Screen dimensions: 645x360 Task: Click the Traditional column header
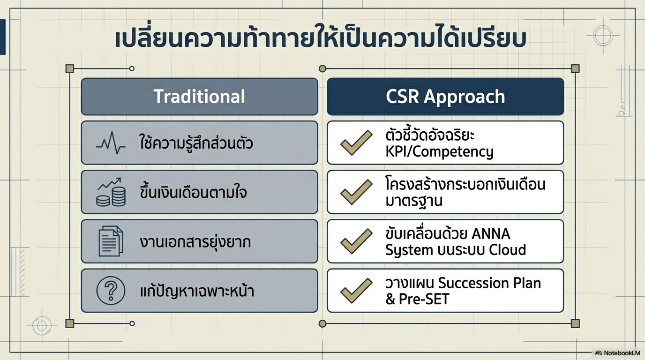click(x=199, y=97)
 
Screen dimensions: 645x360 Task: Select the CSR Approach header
click(x=445, y=97)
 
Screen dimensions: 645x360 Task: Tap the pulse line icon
click(x=111, y=143)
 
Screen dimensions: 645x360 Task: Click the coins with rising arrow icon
click(x=111, y=192)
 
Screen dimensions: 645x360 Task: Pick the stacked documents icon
click(x=111, y=241)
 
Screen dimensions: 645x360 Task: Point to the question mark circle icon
click(x=111, y=290)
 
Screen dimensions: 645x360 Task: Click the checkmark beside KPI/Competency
click(x=356, y=142)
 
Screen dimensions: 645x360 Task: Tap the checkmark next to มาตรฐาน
click(x=356, y=192)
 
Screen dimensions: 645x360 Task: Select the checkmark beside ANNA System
click(x=356, y=241)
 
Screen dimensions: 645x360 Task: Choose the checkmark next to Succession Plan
click(x=356, y=291)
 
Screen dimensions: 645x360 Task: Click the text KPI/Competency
click(x=439, y=152)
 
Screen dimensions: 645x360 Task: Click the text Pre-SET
click(x=424, y=299)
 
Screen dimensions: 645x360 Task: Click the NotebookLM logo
click(x=618, y=353)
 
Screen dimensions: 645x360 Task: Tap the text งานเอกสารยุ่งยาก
click(x=195, y=242)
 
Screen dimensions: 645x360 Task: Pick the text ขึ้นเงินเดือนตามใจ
click(x=193, y=192)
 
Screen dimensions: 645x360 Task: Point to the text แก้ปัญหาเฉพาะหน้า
click(x=197, y=291)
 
